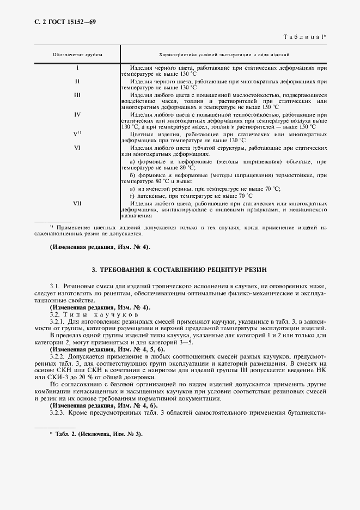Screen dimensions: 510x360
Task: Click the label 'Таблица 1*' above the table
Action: point(304,37)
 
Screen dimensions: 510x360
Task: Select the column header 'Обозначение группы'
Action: point(77,56)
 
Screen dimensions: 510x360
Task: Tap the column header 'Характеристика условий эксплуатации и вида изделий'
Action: point(224,56)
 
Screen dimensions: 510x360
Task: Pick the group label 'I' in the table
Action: point(77,68)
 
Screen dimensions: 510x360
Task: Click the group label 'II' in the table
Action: point(77,81)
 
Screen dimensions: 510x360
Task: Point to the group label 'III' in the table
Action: point(77,94)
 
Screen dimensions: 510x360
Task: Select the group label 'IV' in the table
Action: point(77,114)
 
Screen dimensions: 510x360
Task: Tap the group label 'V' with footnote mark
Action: point(77,133)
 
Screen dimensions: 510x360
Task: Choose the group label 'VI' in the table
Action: point(77,147)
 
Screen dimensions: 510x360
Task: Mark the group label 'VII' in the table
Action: point(77,203)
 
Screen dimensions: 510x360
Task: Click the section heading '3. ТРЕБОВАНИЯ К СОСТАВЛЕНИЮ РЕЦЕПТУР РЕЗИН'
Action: point(180,270)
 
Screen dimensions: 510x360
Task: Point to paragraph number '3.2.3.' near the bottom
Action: point(58,412)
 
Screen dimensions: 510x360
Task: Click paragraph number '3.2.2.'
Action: point(58,356)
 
